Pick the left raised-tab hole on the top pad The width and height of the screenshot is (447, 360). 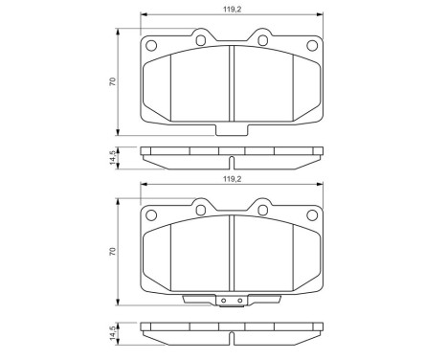(199, 40)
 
